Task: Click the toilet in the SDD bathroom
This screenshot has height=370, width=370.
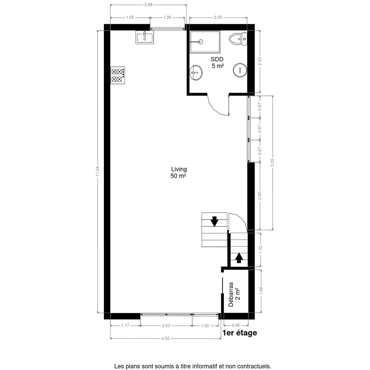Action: pos(238,39)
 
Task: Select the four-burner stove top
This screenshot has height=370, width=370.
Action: pos(117,75)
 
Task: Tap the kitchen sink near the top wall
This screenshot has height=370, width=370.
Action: pos(145,37)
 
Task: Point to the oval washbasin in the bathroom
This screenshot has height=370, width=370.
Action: pos(196,72)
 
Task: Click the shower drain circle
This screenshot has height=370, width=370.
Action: pos(201,42)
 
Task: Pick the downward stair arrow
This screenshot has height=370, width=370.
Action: pos(215,221)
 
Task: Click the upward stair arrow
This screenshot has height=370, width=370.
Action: pos(239,258)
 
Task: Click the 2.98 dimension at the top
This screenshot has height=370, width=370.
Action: pos(148,5)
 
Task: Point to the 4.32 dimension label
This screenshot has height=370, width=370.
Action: pos(165,344)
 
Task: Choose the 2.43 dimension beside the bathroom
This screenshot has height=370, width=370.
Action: pos(260,61)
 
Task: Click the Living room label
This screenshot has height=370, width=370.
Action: pos(179,172)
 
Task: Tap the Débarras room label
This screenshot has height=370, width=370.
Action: pos(234,294)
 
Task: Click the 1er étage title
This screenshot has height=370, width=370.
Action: pos(240,333)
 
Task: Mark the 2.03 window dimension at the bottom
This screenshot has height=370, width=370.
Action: pos(166,326)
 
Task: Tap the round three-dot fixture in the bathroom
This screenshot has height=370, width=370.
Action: pos(240,70)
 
